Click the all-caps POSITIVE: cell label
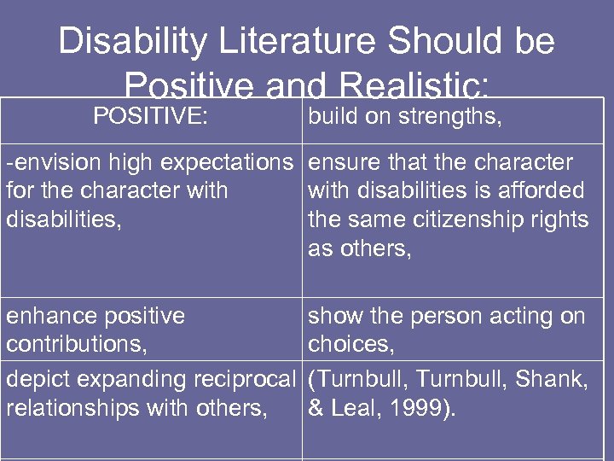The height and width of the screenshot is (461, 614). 150,116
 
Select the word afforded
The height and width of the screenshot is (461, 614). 538,190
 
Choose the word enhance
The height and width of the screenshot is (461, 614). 43,316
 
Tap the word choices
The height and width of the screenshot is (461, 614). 347,344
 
